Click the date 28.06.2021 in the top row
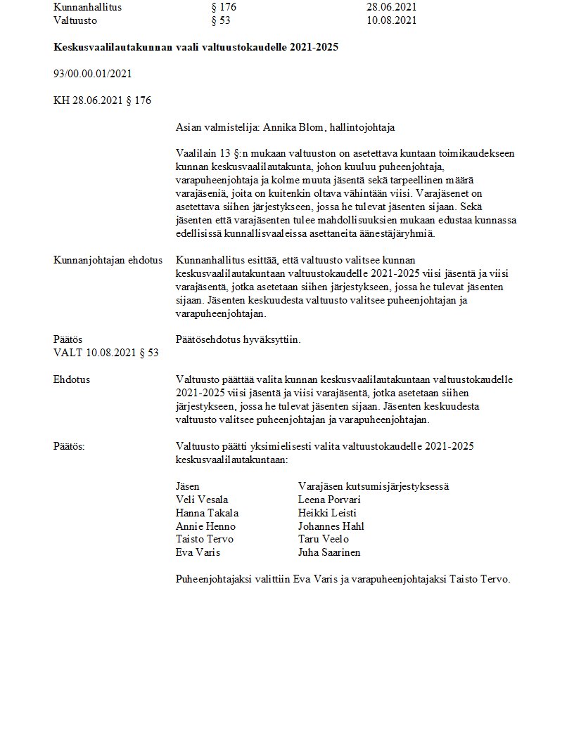pyautogui.click(x=391, y=6)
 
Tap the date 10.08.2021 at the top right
pyautogui.click(x=391, y=20)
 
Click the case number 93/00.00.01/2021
pyautogui.click(x=92, y=73)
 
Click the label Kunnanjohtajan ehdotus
pyautogui.click(x=108, y=259)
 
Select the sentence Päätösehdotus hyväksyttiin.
pyautogui.click(x=238, y=339)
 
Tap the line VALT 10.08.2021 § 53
pyautogui.click(x=106, y=352)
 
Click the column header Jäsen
pyautogui.click(x=187, y=486)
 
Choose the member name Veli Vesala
pyautogui.click(x=202, y=500)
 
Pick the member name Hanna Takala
pyautogui.click(x=207, y=513)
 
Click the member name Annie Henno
pyautogui.click(x=205, y=526)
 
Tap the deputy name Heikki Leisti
pyautogui.click(x=327, y=513)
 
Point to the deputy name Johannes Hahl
pyautogui.click(x=331, y=526)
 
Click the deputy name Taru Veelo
pyautogui.click(x=324, y=539)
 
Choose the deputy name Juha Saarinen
pyautogui.click(x=329, y=552)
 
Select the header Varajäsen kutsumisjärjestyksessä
pyautogui.click(x=374, y=486)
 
